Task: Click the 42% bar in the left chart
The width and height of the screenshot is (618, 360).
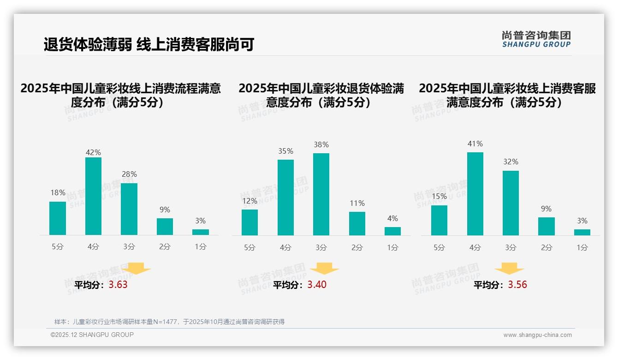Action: (93, 196)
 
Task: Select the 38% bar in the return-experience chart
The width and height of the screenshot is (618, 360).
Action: (321, 194)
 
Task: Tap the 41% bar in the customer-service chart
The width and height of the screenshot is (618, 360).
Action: (475, 194)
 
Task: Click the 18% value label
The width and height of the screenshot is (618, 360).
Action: (58, 193)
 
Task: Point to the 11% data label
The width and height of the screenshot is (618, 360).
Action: (357, 204)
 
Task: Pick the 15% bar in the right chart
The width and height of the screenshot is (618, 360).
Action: (439, 220)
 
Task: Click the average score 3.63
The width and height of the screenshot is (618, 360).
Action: (118, 285)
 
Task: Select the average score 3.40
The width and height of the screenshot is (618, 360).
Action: (317, 285)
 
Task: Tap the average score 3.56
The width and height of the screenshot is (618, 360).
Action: (517, 285)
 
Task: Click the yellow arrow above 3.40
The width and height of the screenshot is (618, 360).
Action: (324, 269)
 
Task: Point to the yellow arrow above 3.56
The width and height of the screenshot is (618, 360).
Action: (509, 269)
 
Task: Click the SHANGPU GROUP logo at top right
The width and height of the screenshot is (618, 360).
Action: (536, 39)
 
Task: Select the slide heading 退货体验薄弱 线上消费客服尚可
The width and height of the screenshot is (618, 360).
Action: (149, 45)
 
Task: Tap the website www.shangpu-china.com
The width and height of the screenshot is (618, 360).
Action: (537, 335)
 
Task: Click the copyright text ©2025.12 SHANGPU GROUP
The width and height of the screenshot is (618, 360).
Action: (92, 335)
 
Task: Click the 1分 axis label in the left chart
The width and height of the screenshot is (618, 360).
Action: (201, 247)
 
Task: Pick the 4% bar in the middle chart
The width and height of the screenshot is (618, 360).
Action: (392, 231)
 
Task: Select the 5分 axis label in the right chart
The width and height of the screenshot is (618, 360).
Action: (439, 248)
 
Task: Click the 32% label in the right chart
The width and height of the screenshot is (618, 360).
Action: (511, 162)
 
